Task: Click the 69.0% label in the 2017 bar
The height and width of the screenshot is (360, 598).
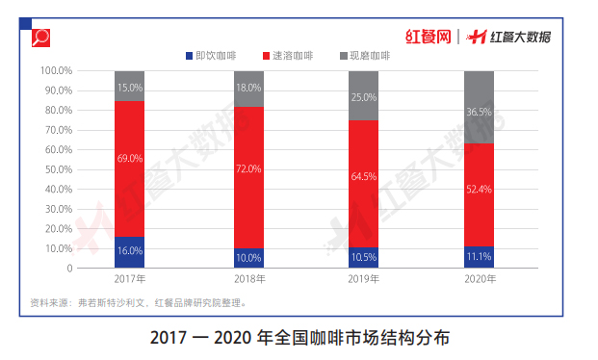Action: point(130,158)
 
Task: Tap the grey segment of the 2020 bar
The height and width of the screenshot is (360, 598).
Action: point(479,107)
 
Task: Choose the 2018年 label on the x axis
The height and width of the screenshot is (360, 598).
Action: point(248,279)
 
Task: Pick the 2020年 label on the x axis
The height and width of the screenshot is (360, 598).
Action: point(479,279)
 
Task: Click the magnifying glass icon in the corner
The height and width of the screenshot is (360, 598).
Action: point(41,39)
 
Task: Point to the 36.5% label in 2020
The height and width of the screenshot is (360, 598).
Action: point(479,112)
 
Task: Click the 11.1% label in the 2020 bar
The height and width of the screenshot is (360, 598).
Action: point(479,257)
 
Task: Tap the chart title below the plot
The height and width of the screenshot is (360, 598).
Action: point(299,339)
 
